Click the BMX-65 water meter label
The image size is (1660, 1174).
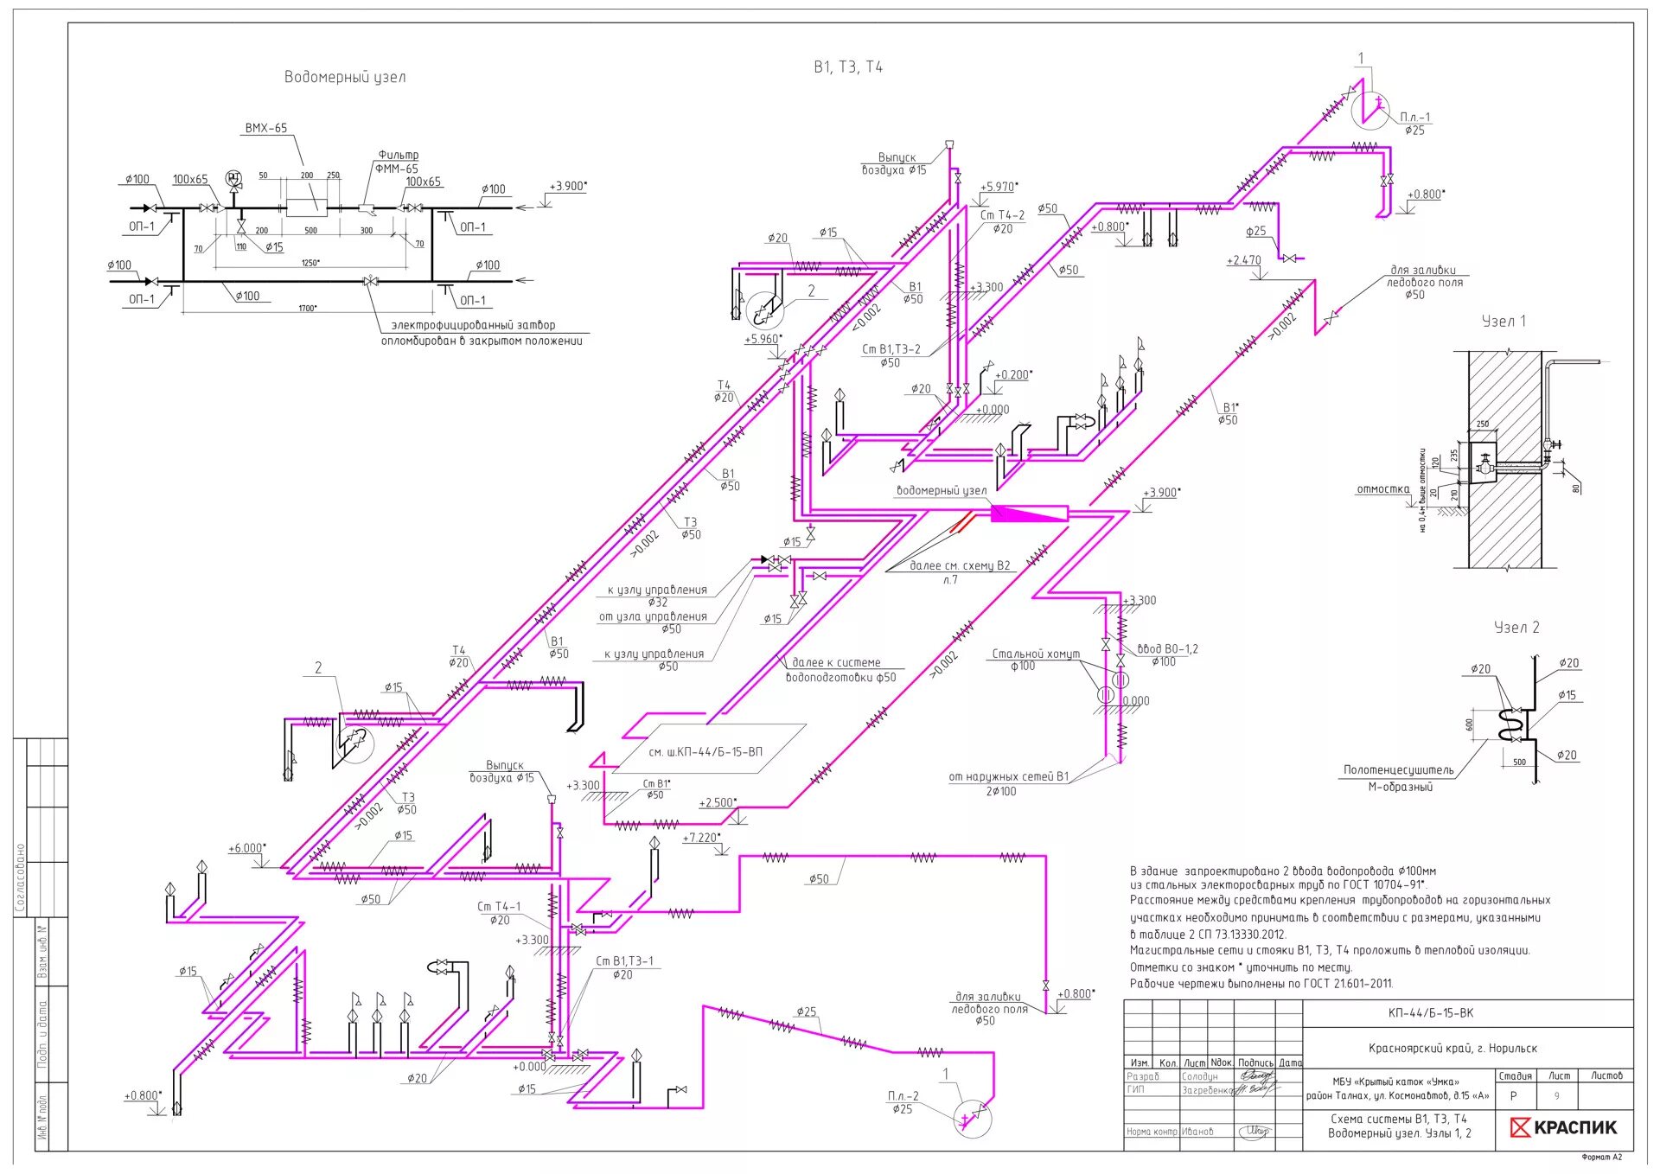tap(265, 128)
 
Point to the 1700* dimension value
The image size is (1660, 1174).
tap(307, 308)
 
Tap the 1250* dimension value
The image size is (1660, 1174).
tap(310, 263)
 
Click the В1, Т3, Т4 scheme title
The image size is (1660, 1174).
tap(847, 67)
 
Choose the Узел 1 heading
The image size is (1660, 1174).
tap(1504, 322)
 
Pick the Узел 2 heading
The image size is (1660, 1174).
tap(1516, 628)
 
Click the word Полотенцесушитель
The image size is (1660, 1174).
tap(1398, 769)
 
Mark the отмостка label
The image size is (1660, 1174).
tap(1382, 489)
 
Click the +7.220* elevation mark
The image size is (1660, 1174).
tap(700, 838)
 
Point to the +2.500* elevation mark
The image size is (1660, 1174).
tap(718, 802)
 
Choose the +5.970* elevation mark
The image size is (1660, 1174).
tap(999, 187)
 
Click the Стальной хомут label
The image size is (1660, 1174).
tap(1035, 654)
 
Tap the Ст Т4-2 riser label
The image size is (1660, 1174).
tap(1002, 215)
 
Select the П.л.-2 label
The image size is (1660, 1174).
tap(903, 1096)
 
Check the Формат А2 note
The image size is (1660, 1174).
tap(1601, 1157)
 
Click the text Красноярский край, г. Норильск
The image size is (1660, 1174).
tap(1452, 1049)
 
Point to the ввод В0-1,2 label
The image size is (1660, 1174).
tap(1167, 648)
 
